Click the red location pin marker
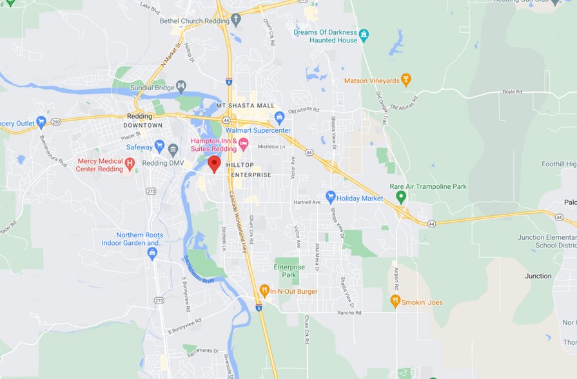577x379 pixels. [214, 164]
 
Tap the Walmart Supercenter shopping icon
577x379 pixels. [279, 117]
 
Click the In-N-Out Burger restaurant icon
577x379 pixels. [264, 291]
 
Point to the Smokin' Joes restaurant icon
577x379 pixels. [395, 300]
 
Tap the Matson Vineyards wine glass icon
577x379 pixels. [406, 79]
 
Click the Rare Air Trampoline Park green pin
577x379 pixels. [401, 195]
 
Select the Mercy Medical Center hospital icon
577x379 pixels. [130, 164]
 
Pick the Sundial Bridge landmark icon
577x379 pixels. [181, 86]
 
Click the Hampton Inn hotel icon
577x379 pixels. [243, 142]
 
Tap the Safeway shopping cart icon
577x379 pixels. [159, 146]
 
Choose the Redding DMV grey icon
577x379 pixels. [173, 150]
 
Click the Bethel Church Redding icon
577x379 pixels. [235, 19]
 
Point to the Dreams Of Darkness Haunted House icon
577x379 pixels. [364, 34]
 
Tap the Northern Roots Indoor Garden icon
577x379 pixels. [152, 253]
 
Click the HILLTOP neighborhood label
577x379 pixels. [239, 165]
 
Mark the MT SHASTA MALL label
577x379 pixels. [245, 106]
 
